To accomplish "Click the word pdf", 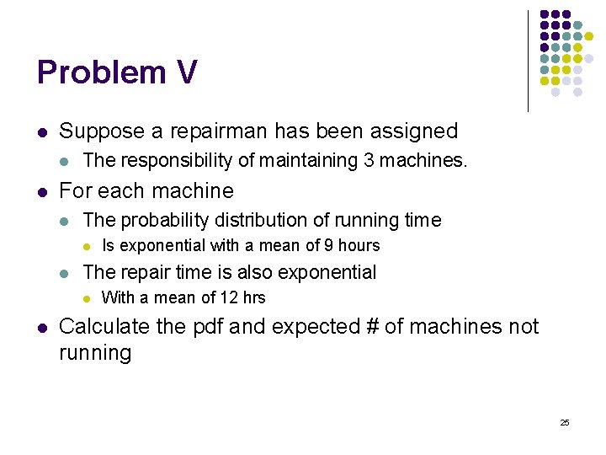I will click(208, 327).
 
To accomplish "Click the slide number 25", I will click(564, 422).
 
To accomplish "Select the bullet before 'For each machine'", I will click(42, 191).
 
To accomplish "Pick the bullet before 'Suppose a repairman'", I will click(42, 132).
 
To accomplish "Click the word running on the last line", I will click(95, 352).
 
